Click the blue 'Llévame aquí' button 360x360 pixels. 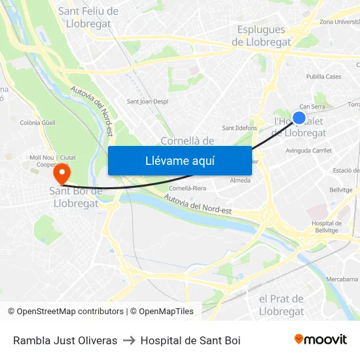pyautogui.click(x=179, y=160)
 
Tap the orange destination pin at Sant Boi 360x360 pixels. pyautogui.click(x=62, y=174)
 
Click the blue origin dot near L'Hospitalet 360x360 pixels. pyautogui.click(x=299, y=118)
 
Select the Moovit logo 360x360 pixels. pyautogui.click(x=320, y=340)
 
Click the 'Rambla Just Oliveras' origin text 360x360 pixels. pyautogui.click(x=65, y=340)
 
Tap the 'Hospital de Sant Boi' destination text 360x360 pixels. pyautogui.click(x=190, y=340)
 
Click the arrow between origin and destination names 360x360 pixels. pyautogui.click(x=129, y=340)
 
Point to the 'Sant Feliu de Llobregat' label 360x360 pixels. pyautogui.click(x=88, y=18)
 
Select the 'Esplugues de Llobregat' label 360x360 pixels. pyautogui.click(x=261, y=36)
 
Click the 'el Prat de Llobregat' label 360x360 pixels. pyautogui.click(x=281, y=305)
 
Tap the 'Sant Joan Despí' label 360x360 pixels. pyautogui.click(x=147, y=101)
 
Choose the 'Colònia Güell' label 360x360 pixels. pyautogui.click(x=38, y=122)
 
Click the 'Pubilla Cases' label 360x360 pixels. pyautogui.click(x=323, y=77)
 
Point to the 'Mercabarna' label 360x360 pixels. pyautogui.click(x=342, y=279)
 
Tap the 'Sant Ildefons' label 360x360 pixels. pyautogui.click(x=240, y=128)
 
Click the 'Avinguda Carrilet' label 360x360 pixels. pyautogui.click(x=309, y=150)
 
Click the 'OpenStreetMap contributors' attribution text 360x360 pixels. pyautogui.click(x=70, y=312)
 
